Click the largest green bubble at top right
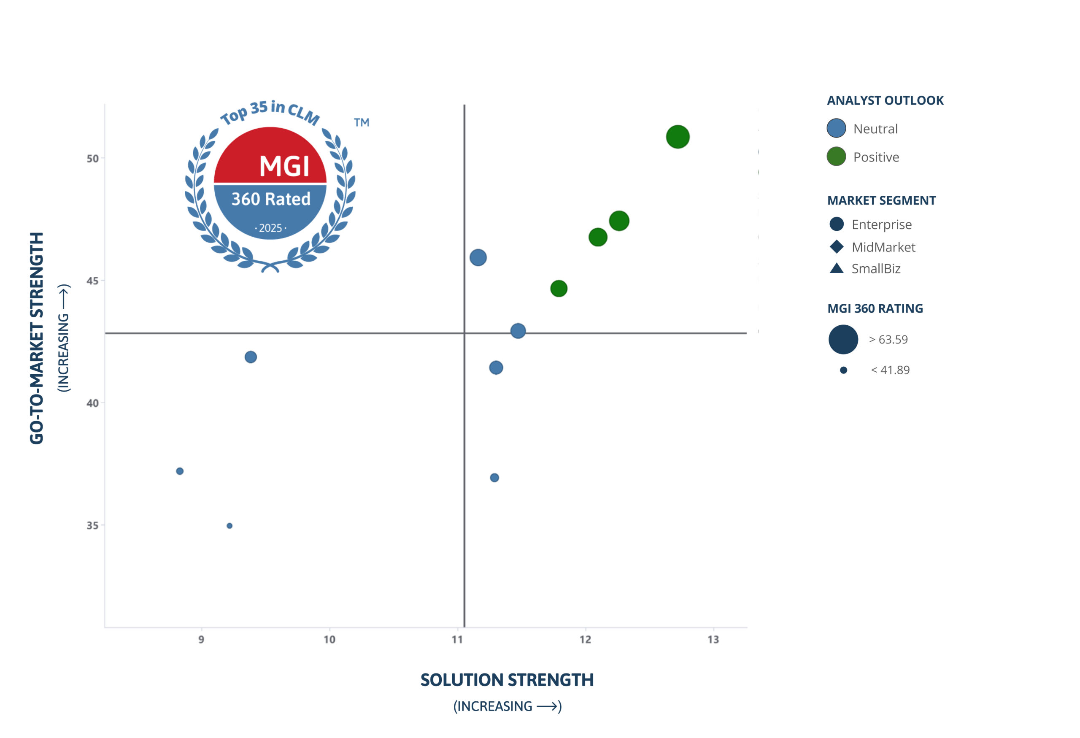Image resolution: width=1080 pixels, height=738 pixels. point(678,137)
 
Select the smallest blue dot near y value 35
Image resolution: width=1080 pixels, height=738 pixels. point(229,526)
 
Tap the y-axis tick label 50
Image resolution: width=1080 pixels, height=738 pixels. point(92,159)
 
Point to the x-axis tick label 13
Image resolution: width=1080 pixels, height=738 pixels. point(713,640)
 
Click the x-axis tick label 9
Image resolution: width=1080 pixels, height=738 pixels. point(201,640)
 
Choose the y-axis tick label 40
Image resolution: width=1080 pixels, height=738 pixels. point(92,403)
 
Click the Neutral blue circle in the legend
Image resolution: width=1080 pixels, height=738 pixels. point(836,128)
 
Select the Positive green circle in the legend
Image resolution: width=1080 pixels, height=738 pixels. point(836,157)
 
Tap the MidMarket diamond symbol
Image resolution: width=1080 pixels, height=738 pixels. point(837,247)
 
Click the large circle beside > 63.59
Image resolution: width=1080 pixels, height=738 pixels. point(843,339)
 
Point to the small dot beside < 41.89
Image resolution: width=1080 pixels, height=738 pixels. point(843,370)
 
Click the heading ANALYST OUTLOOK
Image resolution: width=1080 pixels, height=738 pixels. point(885,100)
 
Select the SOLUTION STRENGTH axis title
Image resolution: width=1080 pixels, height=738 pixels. point(507,680)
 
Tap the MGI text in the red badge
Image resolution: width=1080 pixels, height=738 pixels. point(284,166)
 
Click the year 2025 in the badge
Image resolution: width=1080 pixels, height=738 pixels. point(270,228)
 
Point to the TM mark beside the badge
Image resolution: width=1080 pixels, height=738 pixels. point(362,123)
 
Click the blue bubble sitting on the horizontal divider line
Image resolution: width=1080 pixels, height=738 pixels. point(518,331)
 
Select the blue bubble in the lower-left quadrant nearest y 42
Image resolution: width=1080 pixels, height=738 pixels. point(251,357)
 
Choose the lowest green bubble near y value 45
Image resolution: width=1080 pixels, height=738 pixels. point(559,289)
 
